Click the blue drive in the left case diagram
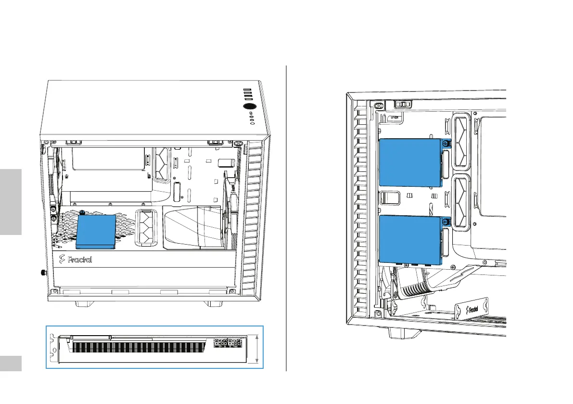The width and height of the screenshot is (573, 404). coord(96,231)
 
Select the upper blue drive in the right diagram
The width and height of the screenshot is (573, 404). coord(409,163)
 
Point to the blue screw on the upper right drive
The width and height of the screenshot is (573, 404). coord(446,143)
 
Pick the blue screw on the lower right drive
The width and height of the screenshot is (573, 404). coord(446,222)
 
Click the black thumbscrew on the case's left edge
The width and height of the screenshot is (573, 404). coord(43,273)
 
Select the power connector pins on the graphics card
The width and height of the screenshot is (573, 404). coord(228,342)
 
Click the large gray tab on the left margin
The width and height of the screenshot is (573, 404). coord(11,201)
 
